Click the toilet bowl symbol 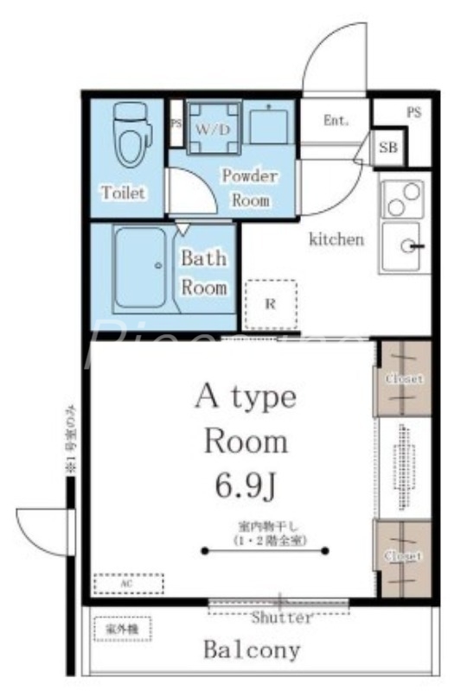131,136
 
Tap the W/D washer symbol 212,129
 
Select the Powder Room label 250,187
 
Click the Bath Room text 204,272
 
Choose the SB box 387,149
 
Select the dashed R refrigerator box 270,304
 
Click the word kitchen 336,239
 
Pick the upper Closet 403,378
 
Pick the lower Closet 403,556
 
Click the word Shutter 281,618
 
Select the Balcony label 252,650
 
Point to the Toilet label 124,192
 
